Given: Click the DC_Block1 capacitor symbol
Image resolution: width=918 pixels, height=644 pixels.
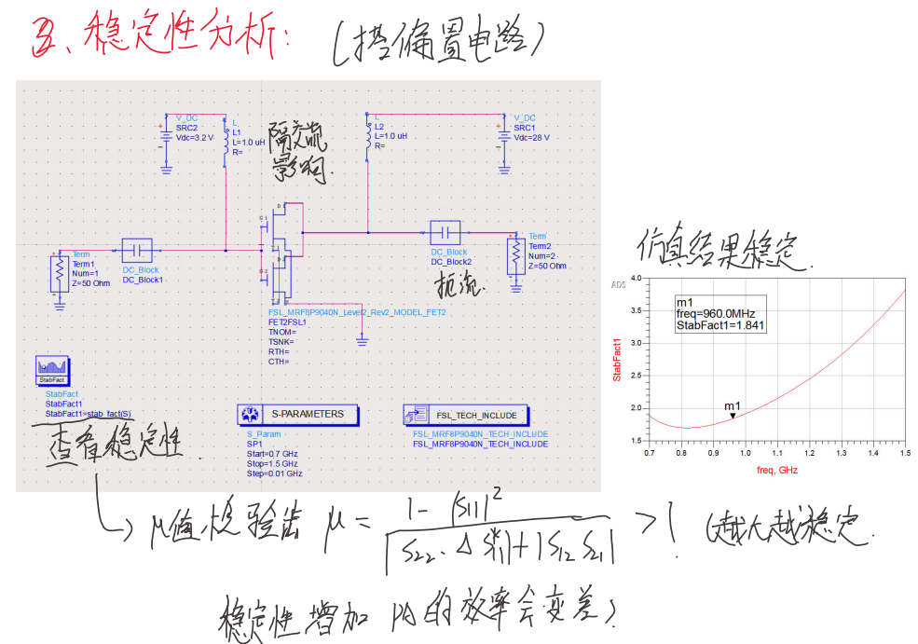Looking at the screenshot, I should tap(137, 250).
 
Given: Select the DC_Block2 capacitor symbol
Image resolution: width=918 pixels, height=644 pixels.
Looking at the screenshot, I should tap(445, 231).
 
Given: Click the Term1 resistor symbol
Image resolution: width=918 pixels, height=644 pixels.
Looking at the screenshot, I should tap(60, 273).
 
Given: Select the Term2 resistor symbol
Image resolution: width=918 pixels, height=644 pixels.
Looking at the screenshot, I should tap(514, 253).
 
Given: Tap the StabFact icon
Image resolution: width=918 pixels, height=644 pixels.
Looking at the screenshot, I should tap(51, 370).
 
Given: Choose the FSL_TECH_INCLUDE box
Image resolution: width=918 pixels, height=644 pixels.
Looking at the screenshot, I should tap(466, 414).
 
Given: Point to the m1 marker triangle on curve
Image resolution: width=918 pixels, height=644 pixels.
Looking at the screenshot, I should tap(733, 415).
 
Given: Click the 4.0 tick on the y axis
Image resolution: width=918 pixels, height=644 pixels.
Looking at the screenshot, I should tap(637, 278).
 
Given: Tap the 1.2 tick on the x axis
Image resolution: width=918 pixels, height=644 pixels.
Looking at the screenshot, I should tap(809, 453).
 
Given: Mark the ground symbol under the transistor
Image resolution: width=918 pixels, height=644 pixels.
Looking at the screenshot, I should tap(362, 342).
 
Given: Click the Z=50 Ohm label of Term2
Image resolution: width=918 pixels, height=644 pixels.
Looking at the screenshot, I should tap(547, 267).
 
